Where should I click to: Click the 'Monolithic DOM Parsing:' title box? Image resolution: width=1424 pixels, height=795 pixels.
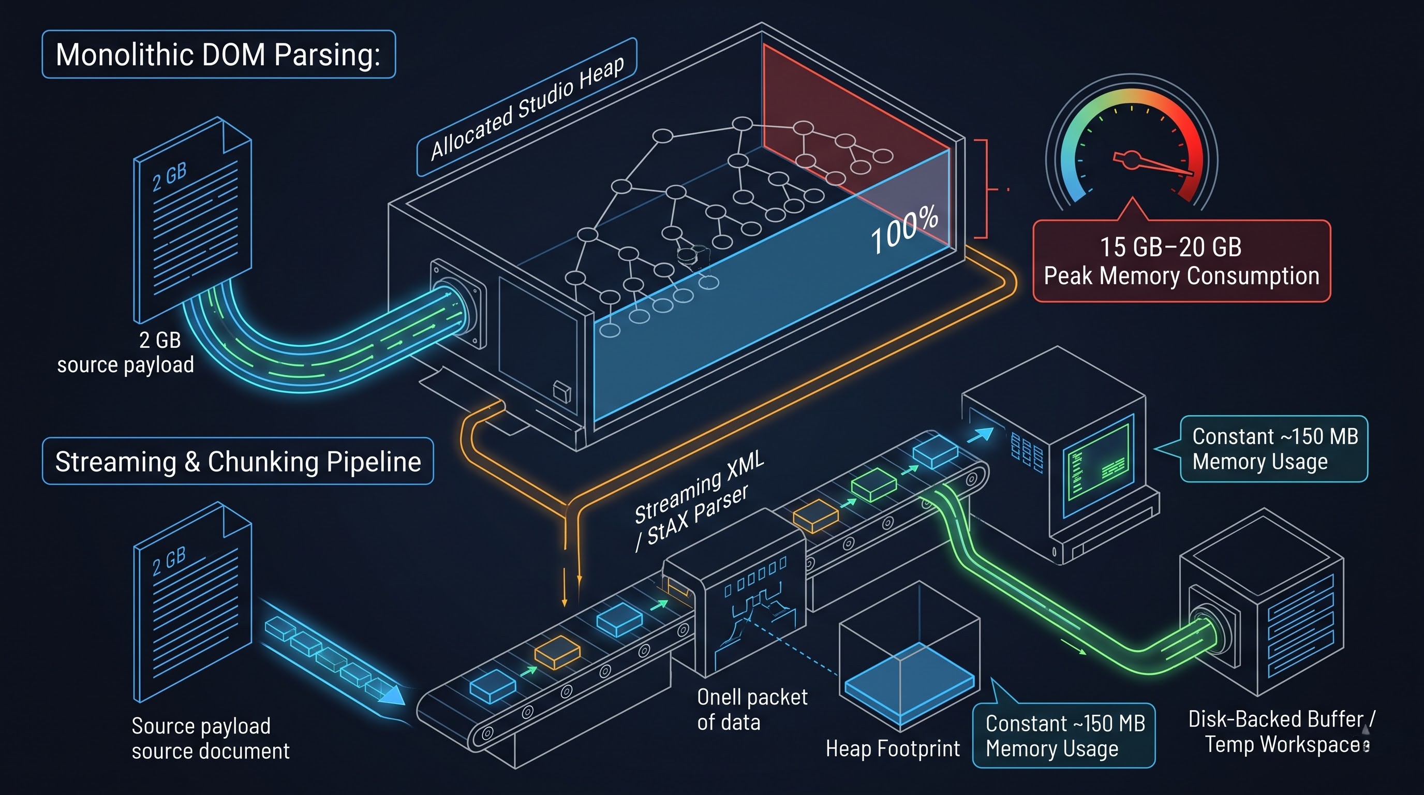[219, 54]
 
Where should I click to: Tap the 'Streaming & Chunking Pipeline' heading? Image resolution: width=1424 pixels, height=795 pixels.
[238, 461]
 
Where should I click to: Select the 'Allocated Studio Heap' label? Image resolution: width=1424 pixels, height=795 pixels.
[527, 107]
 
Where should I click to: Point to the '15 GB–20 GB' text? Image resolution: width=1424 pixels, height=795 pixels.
[1170, 246]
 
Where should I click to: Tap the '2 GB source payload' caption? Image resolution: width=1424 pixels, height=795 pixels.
[126, 352]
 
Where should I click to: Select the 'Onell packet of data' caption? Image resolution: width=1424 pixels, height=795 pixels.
[752, 709]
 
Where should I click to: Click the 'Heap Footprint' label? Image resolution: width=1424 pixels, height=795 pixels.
[892, 748]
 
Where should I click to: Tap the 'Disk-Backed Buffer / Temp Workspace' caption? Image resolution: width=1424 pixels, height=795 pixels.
[1281, 731]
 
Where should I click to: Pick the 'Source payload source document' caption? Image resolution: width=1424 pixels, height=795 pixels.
[211, 738]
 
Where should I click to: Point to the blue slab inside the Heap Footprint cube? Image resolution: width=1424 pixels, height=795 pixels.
[909, 684]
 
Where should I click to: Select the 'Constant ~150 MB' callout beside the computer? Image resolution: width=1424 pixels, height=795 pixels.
[1274, 448]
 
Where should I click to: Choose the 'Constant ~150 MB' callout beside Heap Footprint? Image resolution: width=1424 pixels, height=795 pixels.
[1064, 735]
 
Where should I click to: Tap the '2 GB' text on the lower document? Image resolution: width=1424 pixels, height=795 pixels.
[169, 561]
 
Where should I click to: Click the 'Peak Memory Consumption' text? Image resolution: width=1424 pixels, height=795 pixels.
[1181, 275]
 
